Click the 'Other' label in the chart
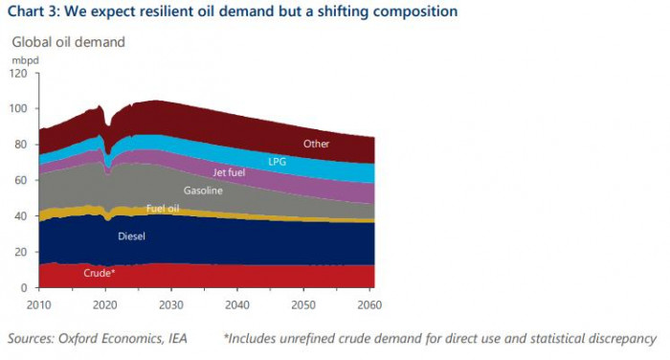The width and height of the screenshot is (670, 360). (x=317, y=144)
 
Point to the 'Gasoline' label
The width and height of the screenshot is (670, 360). (x=203, y=191)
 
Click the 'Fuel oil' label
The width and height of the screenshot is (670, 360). (x=163, y=208)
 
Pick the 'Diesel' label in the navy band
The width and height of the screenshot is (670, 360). (x=132, y=235)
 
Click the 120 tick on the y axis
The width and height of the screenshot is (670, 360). (x=19, y=73)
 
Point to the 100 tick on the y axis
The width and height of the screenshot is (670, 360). (x=19, y=108)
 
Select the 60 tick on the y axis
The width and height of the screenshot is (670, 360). (x=22, y=180)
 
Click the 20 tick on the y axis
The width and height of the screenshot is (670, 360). (x=22, y=252)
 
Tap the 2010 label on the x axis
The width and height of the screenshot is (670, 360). (x=39, y=304)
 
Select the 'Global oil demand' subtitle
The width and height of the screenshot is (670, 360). (x=68, y=42)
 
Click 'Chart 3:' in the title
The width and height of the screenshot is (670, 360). (x=33, y=11)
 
